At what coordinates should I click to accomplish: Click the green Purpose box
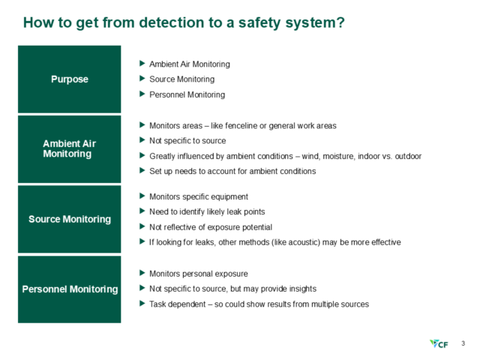pyautogui.click(x=69, y=79)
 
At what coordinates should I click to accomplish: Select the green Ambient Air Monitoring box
pyautogui.click(x=69, y=148)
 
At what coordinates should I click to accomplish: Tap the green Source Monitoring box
pyautogui.click(x=69, y=219)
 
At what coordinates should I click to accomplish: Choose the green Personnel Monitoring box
pyautogui.click(x=69, y=289)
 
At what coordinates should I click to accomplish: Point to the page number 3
pyautogui.click(x=463, y=343)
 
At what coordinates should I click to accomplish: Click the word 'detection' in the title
pyautogui.click(x=156, y=22)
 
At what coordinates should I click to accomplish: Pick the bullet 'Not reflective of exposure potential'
pyautogui.click(x=211, y=227)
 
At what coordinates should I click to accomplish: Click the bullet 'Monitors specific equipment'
pyautogui.click(x=198, y=196)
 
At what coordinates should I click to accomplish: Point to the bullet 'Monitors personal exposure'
pyautogui.click(x=198, y=273)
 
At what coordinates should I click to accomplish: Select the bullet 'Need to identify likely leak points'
pyautogui.click(x=206, y=211)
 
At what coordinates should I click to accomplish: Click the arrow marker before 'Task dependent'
pyautogui.click(x=142, y=304)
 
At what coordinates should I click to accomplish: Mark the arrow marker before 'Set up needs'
pyautogui.click(x=142, y=171)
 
